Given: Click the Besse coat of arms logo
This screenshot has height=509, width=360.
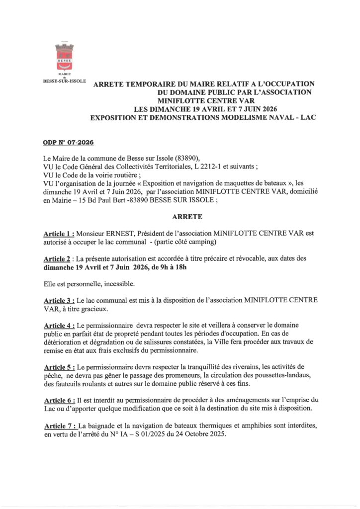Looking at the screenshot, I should (64, 56).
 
